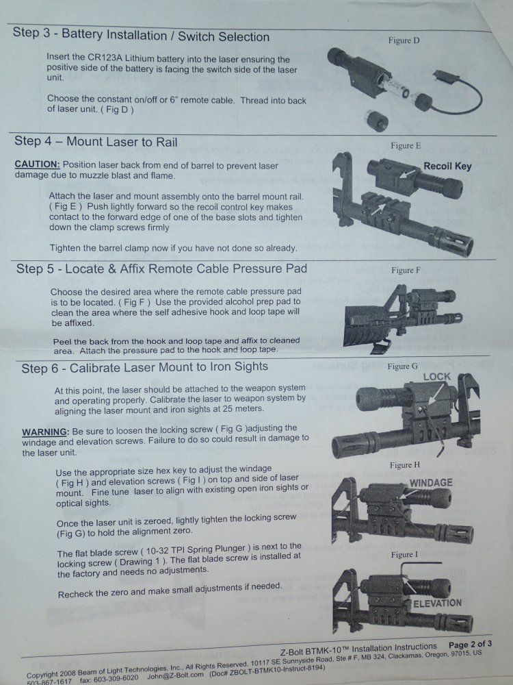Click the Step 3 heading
click(x=141, y=34)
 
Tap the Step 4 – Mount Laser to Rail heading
click(x=96, y=142)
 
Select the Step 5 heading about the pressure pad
click(x=161, y=269)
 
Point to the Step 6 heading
click(x=145, y=367)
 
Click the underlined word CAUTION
click(x=37, y=164)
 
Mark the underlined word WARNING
click(x=45, y=432)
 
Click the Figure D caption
click(x=404, y=40)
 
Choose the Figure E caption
click(x=406, y=145)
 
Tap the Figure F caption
click(x=406, y=271)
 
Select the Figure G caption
click(x=402, y=366)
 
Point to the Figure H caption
click(x=405, y=465)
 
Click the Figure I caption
click(x=404, y=555)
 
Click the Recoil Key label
click(x=447, y=166)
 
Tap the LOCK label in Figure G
click(x=436, y=377)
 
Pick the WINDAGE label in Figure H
click(x=431, y=483)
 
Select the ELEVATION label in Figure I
click(x=438, y=603)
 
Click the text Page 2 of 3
click(x=471, y=644)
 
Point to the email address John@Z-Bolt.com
click(x=175, y=676)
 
